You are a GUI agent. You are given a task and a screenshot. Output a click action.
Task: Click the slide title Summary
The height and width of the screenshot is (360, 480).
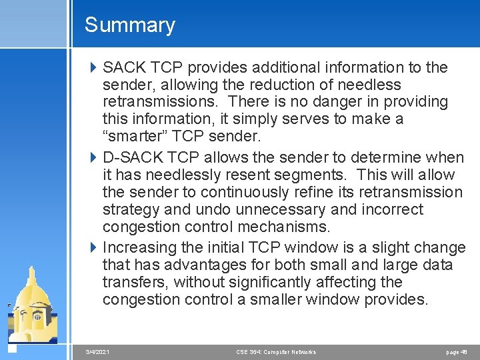[129, 25]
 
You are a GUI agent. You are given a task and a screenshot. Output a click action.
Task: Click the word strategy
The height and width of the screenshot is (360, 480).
[130, 210]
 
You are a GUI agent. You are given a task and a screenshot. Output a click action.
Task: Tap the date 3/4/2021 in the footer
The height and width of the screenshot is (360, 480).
[98, 351]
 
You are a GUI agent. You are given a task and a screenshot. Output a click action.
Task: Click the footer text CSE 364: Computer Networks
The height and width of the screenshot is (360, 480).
[276, 351]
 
